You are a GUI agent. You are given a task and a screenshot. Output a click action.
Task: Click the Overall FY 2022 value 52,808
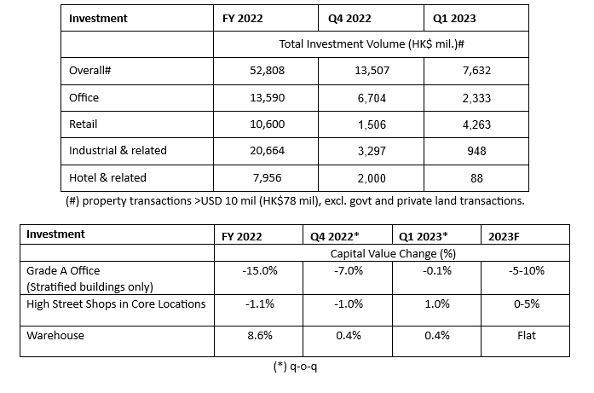(267, 71)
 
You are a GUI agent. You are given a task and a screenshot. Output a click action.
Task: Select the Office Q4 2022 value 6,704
(372, 98)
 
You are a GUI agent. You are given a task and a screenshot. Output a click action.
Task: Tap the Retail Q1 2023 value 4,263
(476, 124)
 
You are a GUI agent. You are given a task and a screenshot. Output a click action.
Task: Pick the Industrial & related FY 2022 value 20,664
(267, 151)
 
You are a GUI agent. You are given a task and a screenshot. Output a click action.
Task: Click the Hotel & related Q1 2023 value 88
(476, 178)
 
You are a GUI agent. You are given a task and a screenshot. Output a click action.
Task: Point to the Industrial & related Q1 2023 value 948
(476, 151)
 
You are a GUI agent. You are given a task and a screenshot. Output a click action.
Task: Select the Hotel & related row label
(107, 177)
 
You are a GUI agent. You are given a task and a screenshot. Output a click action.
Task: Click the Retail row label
(83, 124)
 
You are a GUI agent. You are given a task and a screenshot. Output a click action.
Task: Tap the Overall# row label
(89, 70)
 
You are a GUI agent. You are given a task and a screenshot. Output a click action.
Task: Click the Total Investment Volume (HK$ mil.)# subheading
(372, 44)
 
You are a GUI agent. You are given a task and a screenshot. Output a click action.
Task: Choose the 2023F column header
(504, 236)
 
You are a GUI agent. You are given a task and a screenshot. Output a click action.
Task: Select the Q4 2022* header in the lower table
(335, 236)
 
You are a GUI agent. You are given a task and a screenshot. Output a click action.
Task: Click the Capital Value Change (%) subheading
(393, 253)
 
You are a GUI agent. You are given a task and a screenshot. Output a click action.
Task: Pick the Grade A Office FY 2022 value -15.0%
(260, 270)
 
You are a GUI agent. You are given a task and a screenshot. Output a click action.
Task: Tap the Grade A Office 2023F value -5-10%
(527, 270)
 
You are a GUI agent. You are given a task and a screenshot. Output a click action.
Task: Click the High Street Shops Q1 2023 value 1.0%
(437, 304)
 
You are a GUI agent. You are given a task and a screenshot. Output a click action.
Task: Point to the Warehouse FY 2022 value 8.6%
(260, 335)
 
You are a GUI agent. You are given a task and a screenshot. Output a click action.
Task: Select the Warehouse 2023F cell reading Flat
(527, 335)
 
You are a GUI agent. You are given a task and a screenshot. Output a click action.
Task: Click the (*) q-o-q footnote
(295, 367)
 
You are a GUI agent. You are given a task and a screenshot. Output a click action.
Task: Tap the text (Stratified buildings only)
(89, 287)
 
